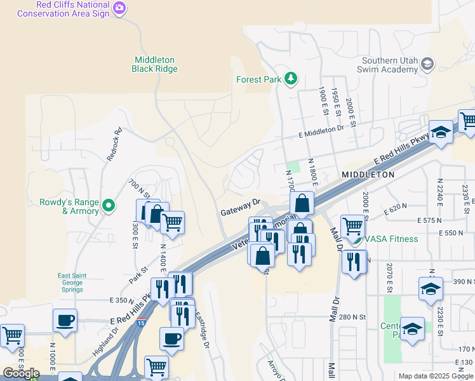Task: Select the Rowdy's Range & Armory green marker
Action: (109, 205)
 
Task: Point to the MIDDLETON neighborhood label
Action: (368, 174)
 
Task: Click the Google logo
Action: (21, 373)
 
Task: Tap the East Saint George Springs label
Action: (70, 283)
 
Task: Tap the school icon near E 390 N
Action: (431, 288)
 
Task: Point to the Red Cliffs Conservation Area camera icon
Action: (120, 8)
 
